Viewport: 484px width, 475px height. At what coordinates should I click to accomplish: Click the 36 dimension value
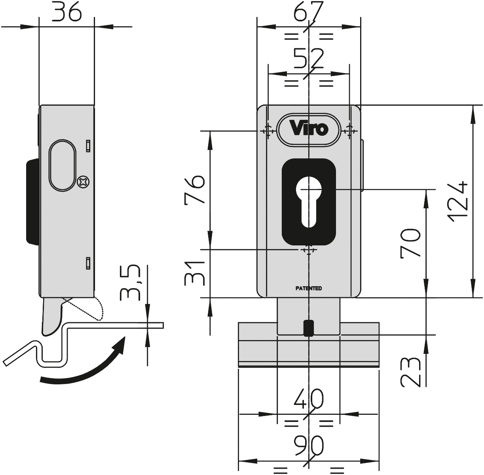pyautogui.click(x=67, y=12)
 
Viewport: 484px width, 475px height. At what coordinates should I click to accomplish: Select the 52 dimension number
pyautogui.click(x=309, y=59)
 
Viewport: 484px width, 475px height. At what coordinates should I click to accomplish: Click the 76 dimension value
pyautogui.click(x=195, y=189)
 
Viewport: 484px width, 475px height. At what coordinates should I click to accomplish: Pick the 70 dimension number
pyautogui.click(x=410, y=243)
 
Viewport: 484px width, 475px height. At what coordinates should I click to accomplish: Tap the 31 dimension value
pyautogui.click(x=194, y=273)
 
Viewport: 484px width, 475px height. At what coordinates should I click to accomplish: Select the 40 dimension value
pyautogui.click(x=309, y=399)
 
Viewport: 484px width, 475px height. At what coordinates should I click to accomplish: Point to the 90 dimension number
pyautogui.click(x=309, y=445)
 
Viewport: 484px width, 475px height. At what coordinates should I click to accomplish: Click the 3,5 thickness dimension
pyautogui.click(x=130, y=283)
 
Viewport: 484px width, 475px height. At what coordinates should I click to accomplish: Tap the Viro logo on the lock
pyautogui.click(x=309, y=129)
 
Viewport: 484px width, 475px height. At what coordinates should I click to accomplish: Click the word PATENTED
pyautogui.click(x=309, y=288)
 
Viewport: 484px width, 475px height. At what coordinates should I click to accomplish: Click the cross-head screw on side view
pyautogui.click(x=84, y=181)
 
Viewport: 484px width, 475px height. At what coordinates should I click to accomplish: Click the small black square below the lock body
pyautogui.click(x=309, y=328)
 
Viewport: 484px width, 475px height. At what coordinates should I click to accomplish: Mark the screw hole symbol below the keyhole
pyautogui.click(x=309, y=250)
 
